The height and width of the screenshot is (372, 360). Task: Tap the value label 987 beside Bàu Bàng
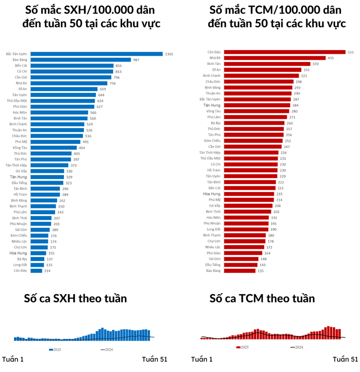pyautogui.click(x=137, y=60)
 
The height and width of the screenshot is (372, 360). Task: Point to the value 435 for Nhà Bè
pyautogui.click(x=331, y=58)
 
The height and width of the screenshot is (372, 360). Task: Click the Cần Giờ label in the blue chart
pyautogui.click(x=21, y=77)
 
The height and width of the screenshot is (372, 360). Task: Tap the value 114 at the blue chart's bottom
pyautogui.click(x=47, y=270)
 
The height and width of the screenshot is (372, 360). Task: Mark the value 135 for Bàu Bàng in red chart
pyautogui.click(x=261, y=270)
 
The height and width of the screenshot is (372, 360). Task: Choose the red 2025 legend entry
pyautogui.click(x=243, y=348)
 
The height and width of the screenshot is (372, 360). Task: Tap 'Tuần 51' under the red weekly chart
pyautogui.click(x=345, y=359)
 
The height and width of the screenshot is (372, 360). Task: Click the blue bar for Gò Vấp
pyautogui.click(x=47, y=171)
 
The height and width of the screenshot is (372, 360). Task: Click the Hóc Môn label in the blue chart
pyautogui.click(x=20, y=112)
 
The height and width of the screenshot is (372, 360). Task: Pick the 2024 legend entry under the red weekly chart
pyautogui.click(x=296, y=348)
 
